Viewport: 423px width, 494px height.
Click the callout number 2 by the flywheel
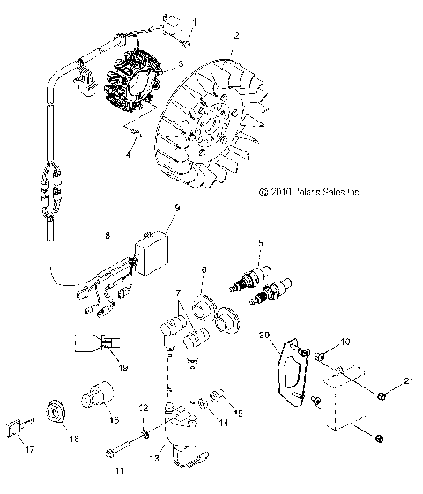click(235, 36)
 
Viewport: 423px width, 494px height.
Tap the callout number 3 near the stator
click(181, 63)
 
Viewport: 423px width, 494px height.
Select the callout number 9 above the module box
click(177, 232)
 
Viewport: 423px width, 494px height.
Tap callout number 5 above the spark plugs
click(260, 241)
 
